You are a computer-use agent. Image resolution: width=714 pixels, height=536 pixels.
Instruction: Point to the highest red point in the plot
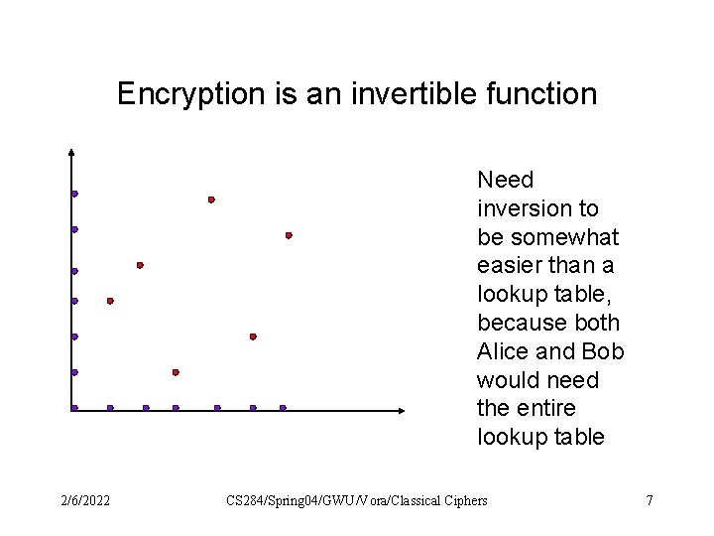pyautogui.click(x=211, y=200)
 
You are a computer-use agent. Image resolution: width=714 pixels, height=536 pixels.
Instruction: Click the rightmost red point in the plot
pyautogui.click(x=289, y=235)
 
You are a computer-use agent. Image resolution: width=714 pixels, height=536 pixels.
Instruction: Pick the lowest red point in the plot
pyautogui.click(x=176, y=372)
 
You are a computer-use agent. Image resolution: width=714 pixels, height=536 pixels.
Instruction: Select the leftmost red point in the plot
pyautogui.click(x=110, y=300)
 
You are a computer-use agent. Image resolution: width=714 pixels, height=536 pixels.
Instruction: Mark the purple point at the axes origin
pyautogui.click(x=74, y=408)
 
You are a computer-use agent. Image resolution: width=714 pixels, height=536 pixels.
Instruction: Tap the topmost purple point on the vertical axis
pyautogui.click(x=74, y=194)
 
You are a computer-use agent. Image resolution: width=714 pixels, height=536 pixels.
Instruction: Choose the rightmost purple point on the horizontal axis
pyautogui.click(x=283, y=408)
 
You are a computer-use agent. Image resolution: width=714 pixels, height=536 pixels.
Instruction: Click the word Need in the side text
pyautogui.click(x=505, y=180)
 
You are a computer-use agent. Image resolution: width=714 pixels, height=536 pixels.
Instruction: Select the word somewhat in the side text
pyautogui.click(x=561, y=237)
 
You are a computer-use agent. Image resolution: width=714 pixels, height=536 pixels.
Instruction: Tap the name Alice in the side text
pyautogui.click(x=502, y=352)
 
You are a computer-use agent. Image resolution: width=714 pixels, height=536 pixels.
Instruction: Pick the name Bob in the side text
pyautogui.click(x=603, y=352)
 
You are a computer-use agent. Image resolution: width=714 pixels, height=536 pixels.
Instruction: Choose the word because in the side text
pyautogui.click(x=523, y=324)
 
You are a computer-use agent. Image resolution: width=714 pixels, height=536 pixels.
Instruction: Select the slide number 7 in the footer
pyautogui.click(x=650, y=500)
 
